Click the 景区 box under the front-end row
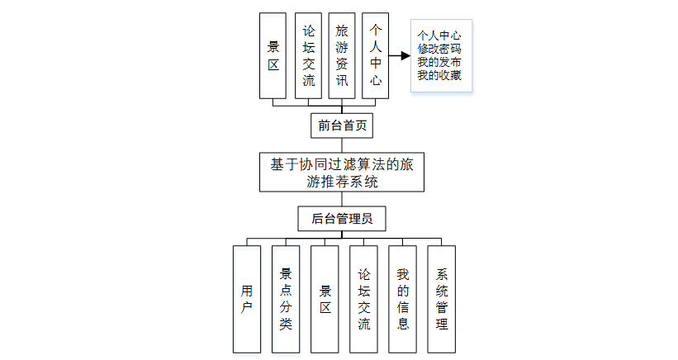tap(273, 56)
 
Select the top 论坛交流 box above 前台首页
tap(308, 56)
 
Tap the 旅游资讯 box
tap(342, 56)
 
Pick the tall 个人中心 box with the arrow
tap(376, 56)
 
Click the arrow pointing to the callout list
tap(400, 56)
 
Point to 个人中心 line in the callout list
tap(440, 36)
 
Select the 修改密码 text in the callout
tap(440, 50)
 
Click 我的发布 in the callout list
tap(440, 63)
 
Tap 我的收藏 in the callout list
tap(440, 76)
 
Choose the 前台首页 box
tap(341, 126)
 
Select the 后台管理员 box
tap(341, 219)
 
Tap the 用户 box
tap(247, 299)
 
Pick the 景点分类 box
tap(286, 299)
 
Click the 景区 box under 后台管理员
tap(325, 299)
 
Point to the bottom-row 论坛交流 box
tap(363, 299)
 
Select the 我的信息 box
tap(402, 299)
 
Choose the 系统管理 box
tap(441, 299)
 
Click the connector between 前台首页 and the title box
tap(341, 145)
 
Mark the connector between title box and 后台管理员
tap(341, 200)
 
